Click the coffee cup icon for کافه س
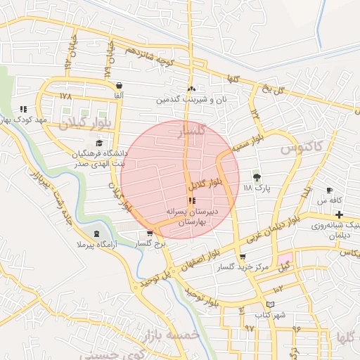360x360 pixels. pos(329,191)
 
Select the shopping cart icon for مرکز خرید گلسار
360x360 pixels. pos(243,257)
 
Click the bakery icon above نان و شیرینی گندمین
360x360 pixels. pos(191,89)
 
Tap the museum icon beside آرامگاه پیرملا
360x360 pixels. pos(96,233)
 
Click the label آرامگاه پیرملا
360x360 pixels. pos(84,244)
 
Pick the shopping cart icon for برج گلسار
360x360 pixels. pos(149,233)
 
